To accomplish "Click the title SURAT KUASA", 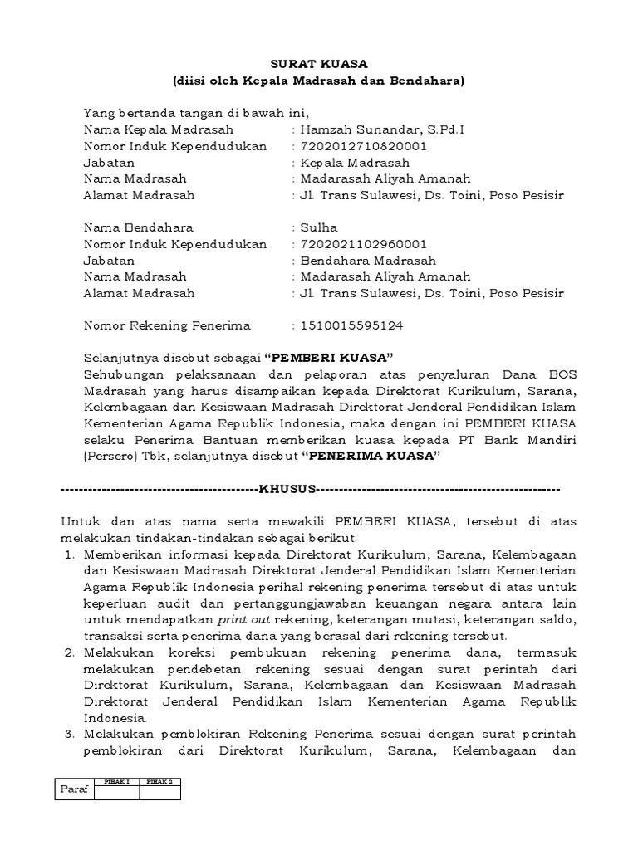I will click(318, 64).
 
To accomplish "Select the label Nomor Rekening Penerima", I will click(167, 325).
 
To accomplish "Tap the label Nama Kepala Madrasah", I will click(159, 129).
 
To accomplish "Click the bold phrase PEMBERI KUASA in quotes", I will click(328, 358).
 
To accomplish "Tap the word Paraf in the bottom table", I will click(75, 789).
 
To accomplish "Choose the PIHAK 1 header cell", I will click(116, 781).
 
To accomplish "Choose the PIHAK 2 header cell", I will click(159, 781).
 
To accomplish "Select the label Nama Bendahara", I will click(138, 227).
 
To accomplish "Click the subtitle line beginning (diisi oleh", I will click(318, 81).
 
